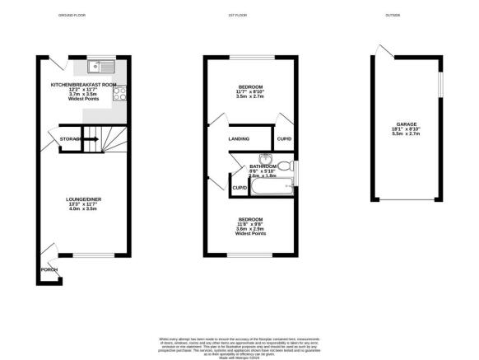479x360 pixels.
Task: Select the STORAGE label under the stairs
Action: [x=70, y=139]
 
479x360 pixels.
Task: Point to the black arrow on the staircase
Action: [x=89, y=139]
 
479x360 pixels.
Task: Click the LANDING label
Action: [x=239, y=138]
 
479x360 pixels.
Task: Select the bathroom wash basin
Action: [x=265, y=159]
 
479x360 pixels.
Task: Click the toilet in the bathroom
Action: [x=284, y=166]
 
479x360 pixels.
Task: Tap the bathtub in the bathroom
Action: [x=271, y=189]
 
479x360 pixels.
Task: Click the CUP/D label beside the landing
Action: [x=284, y=138]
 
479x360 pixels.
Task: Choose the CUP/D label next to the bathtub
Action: [x=240, y=188]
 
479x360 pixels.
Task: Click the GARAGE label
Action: [x=407, y=124]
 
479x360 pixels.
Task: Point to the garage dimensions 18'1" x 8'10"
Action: [x=407, y=129]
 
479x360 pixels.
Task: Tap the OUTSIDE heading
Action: [x=392, y=16]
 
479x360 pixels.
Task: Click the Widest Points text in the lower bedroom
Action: [x=251, y=234]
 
